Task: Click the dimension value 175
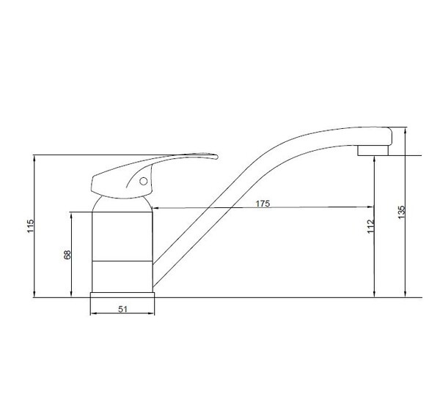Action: click(263, 204)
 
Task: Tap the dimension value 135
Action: click(402, 212)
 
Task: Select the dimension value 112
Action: click(371, 226)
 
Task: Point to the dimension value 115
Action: click(30, 226)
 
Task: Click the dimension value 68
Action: click(67, 254)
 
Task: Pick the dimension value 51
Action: click(122, 309)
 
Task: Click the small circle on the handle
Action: click(144, 182)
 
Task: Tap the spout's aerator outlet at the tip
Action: click(373, 150)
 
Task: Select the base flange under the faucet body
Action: click(122, 295)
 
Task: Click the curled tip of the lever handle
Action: click(215, 157)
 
